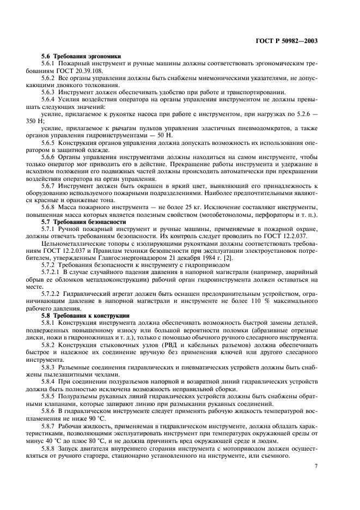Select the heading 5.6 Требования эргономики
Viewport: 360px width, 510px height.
(x=81, y=56)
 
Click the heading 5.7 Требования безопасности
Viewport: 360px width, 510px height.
(x=80, y=222)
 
